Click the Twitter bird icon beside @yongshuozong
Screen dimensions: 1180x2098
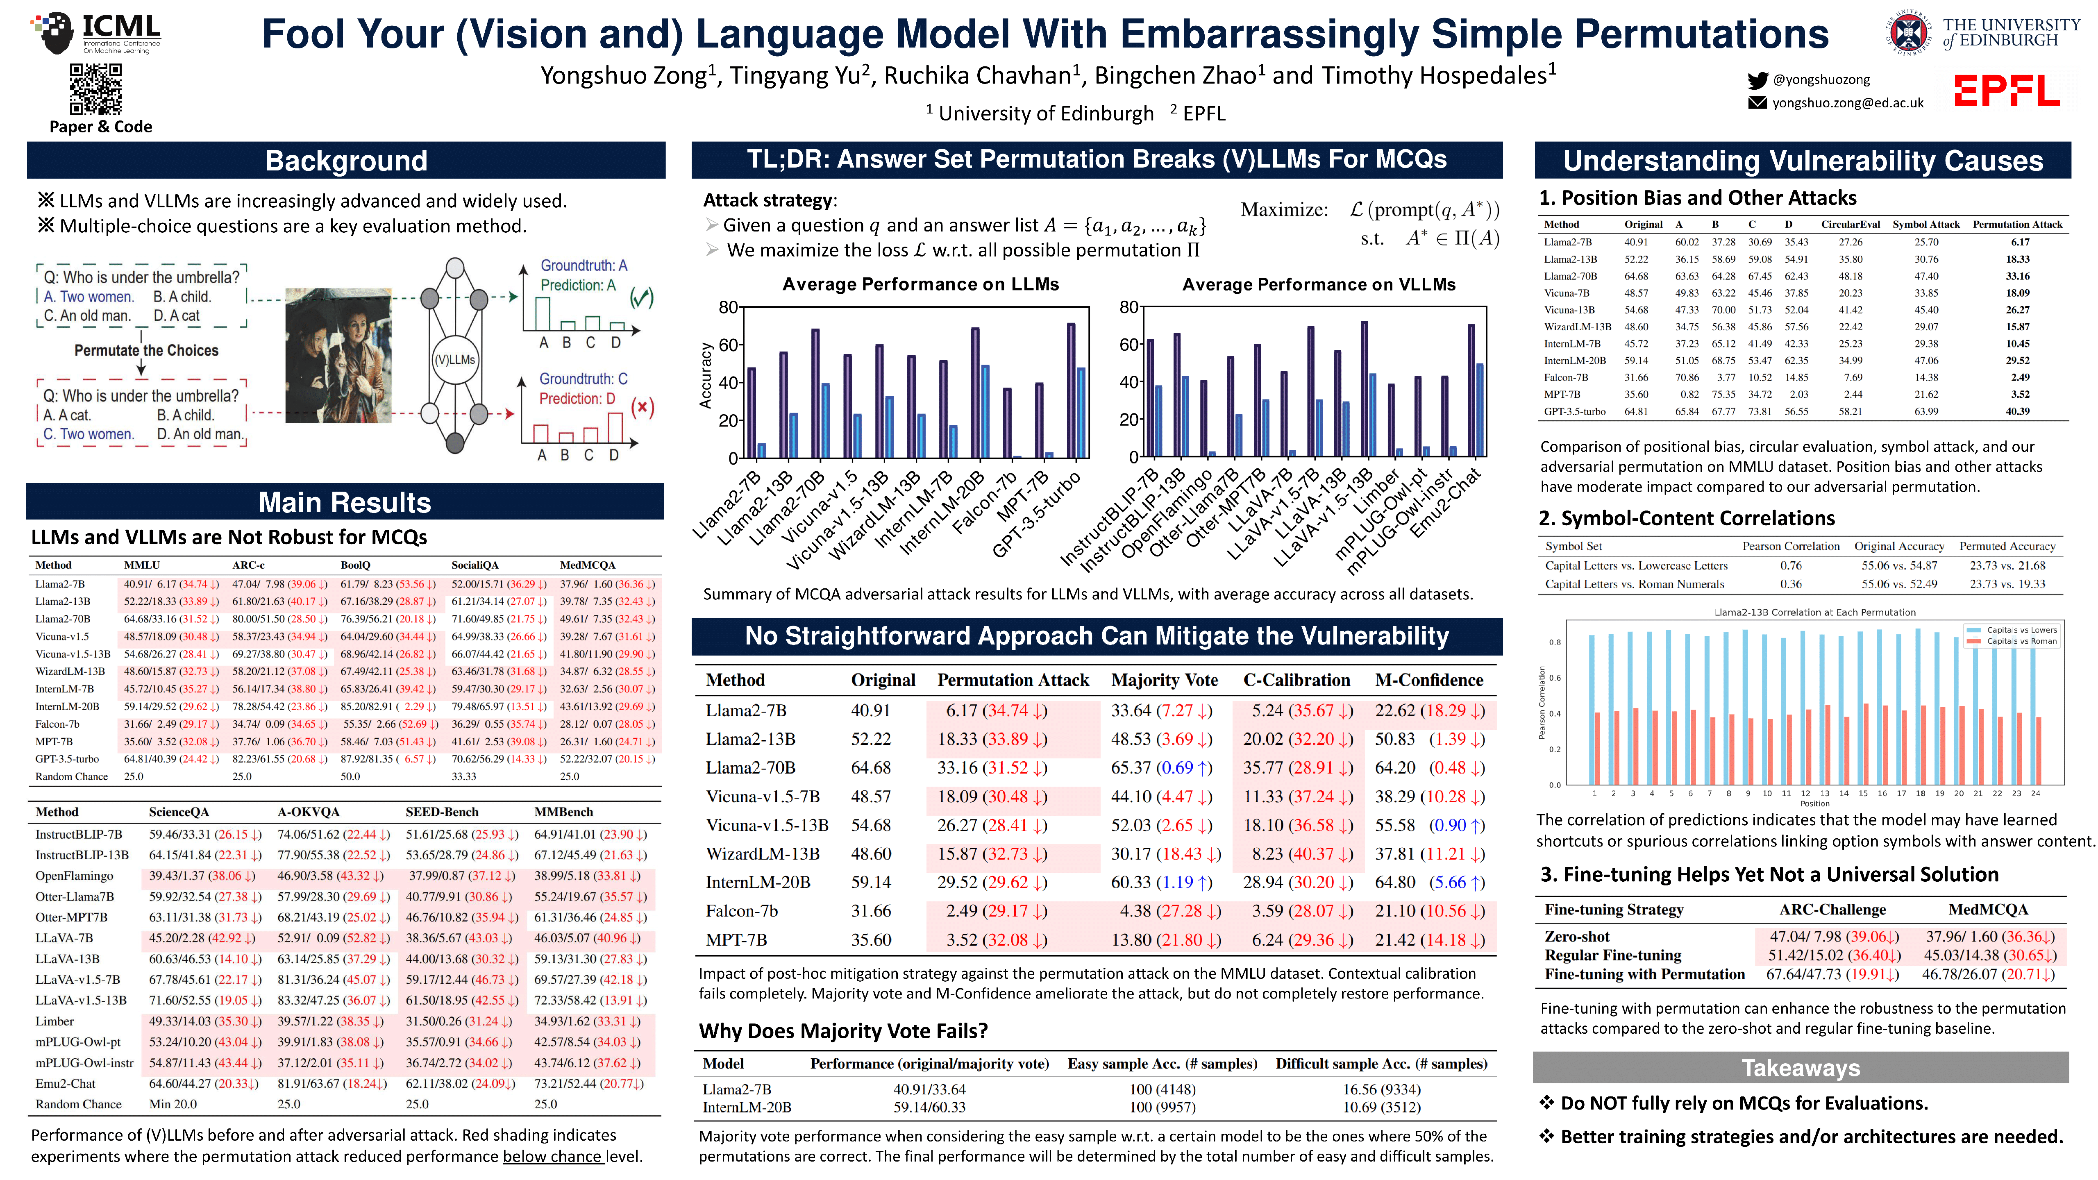click(x=1757, y=80)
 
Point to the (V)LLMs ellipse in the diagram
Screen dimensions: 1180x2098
click(x=454, y=359)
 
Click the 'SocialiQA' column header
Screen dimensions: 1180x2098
click(x=475, y=565)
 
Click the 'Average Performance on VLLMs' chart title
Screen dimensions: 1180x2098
click(x=1319, y=284)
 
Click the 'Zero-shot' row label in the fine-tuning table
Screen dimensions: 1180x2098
click(x=1577, y=937)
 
